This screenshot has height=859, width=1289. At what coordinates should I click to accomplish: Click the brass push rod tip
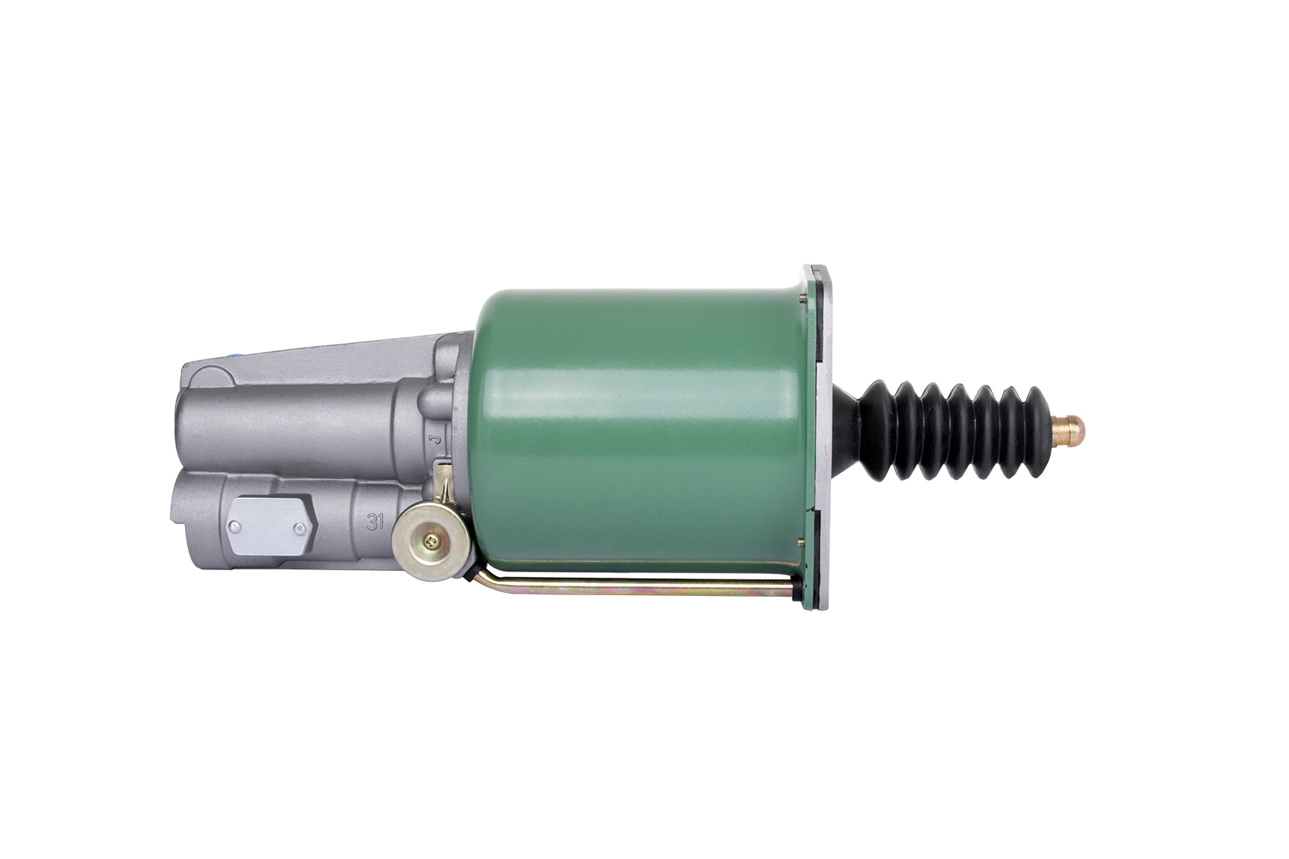click(1068, 432)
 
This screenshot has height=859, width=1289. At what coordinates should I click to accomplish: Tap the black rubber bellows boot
click(944, 430)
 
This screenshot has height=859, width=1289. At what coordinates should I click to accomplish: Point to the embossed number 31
click(375, 522)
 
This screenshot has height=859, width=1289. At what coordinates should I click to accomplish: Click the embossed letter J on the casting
click(436, 440)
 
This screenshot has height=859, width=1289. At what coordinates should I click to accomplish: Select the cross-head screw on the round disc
click(431, 540)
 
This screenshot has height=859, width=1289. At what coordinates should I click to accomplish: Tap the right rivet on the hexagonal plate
click(300, 528)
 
